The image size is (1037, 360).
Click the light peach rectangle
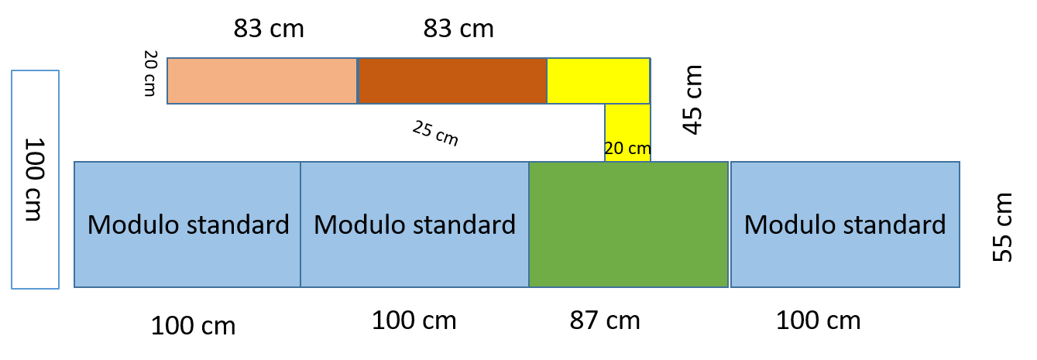coord(262,81)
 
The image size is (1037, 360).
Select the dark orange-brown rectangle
coord(452,81)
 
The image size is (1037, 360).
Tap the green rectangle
coord(629,225)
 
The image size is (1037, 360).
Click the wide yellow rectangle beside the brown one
coord(599,81)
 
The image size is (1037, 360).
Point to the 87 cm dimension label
coord(605,321)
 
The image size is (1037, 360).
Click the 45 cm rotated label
coord(692,100)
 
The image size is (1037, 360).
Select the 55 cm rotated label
coord(1002,228)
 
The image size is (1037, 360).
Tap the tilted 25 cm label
coord(435,133)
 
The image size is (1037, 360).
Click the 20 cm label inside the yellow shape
coord(627,149)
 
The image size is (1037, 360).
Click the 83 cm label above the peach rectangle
coord(269,29)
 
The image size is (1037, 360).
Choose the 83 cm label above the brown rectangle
coord(458,29)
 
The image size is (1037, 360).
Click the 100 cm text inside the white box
coord(34,180)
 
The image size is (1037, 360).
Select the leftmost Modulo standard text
coord(188,225)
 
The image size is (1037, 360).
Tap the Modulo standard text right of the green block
coord(845,225)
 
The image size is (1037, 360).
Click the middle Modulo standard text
coord(415,225)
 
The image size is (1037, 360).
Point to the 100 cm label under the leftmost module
coord(193,326)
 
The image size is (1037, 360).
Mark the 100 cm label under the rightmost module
coord(818,321)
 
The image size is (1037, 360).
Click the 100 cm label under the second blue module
coord(414,321)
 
